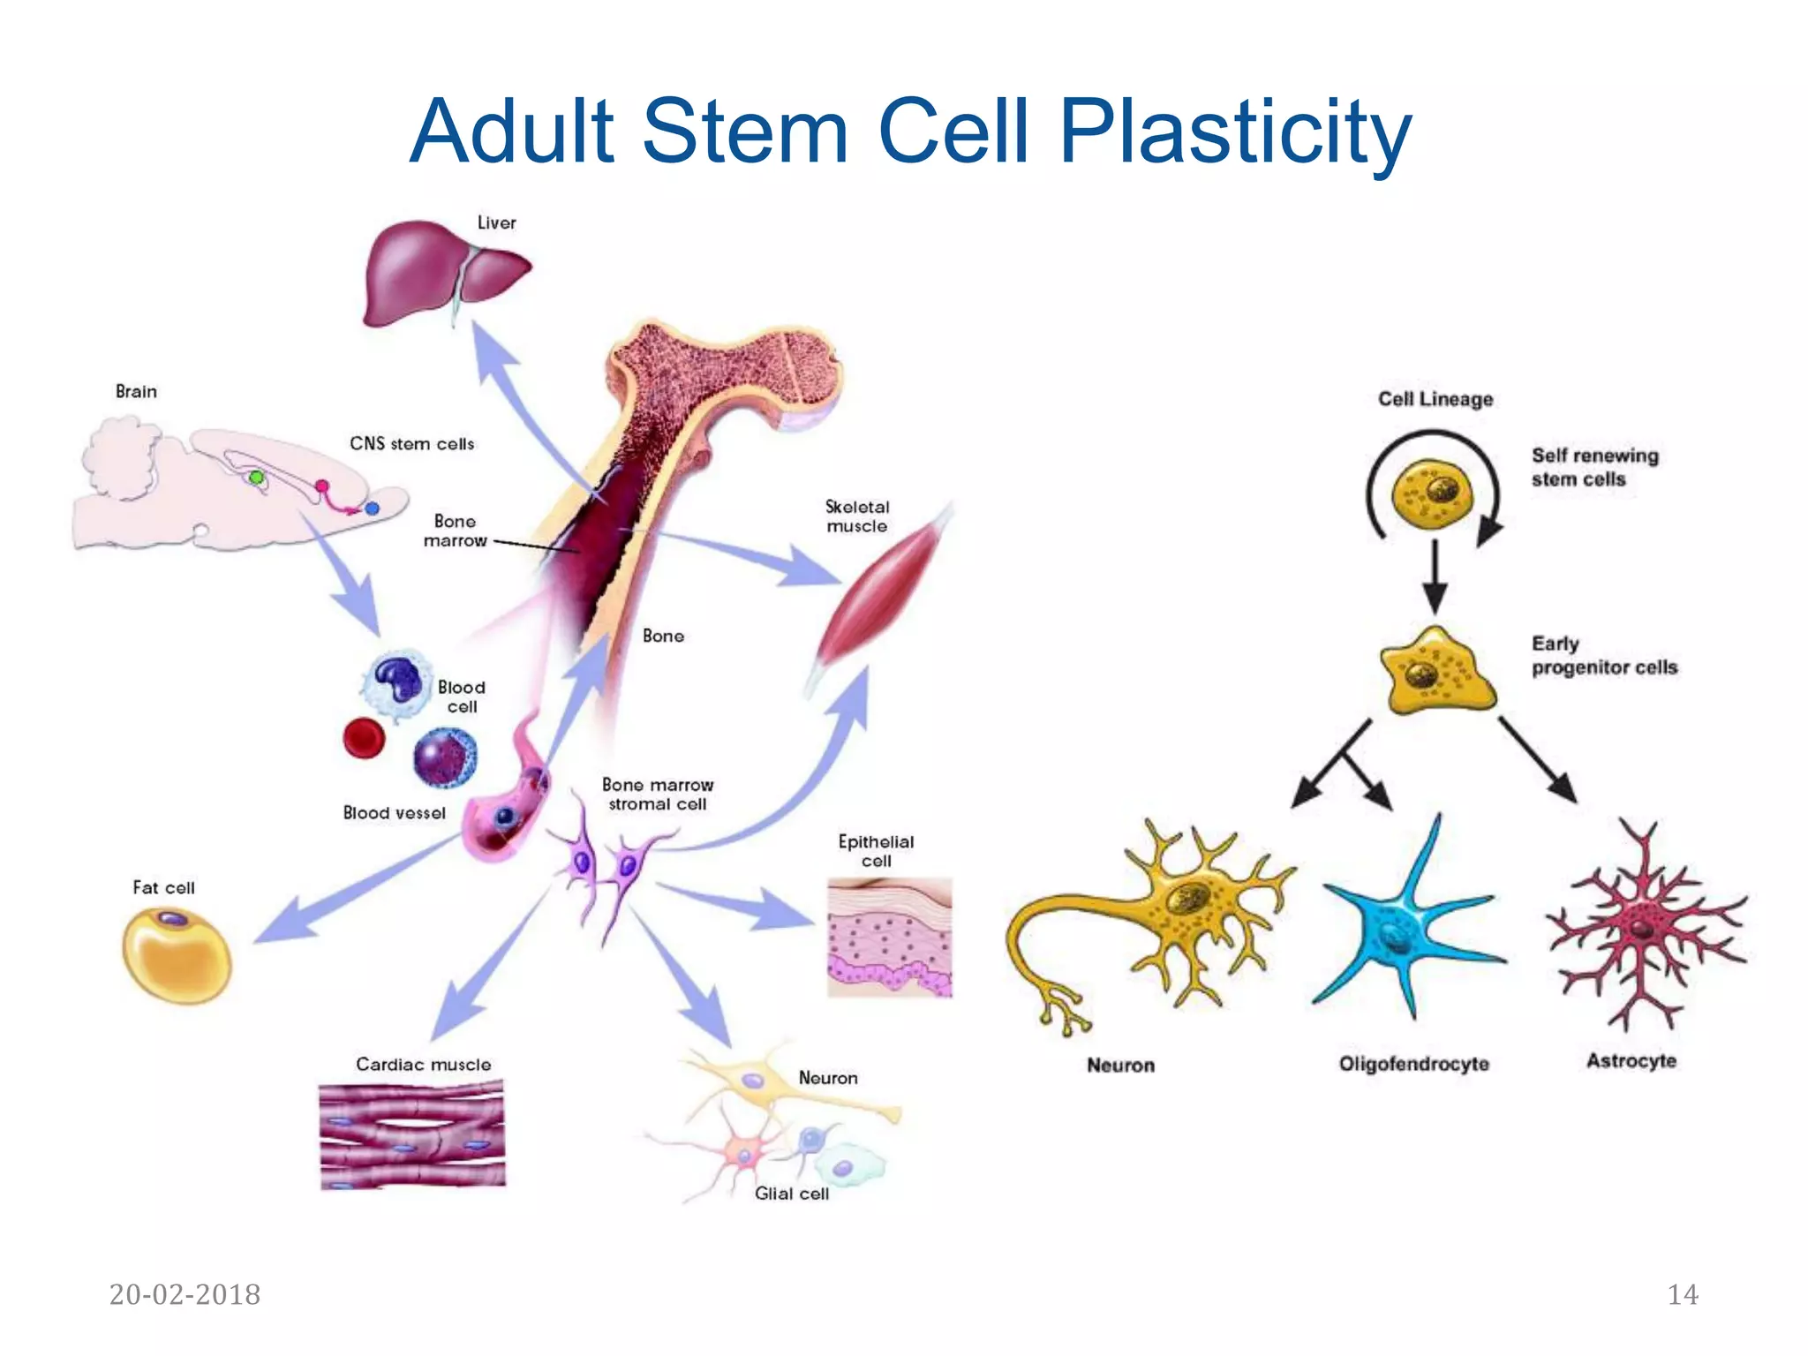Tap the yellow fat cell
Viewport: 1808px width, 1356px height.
point(176,956)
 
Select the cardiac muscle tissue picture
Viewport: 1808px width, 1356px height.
point(412,1136)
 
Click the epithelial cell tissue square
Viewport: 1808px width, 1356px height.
point(889,938)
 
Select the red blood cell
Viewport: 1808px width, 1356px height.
point(364,738)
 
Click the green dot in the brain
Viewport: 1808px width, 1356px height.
point(256,478)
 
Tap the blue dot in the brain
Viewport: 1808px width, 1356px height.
point(373,508)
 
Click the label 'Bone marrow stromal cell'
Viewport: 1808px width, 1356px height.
point(658,795)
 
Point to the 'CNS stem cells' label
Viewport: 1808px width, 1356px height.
point(411,444)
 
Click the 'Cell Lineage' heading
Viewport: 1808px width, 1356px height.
point(1435,399)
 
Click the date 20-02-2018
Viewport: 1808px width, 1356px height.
point(185,1294)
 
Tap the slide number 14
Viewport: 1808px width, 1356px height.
point(1682,1294)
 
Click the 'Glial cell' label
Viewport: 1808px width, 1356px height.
point(791,1194)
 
